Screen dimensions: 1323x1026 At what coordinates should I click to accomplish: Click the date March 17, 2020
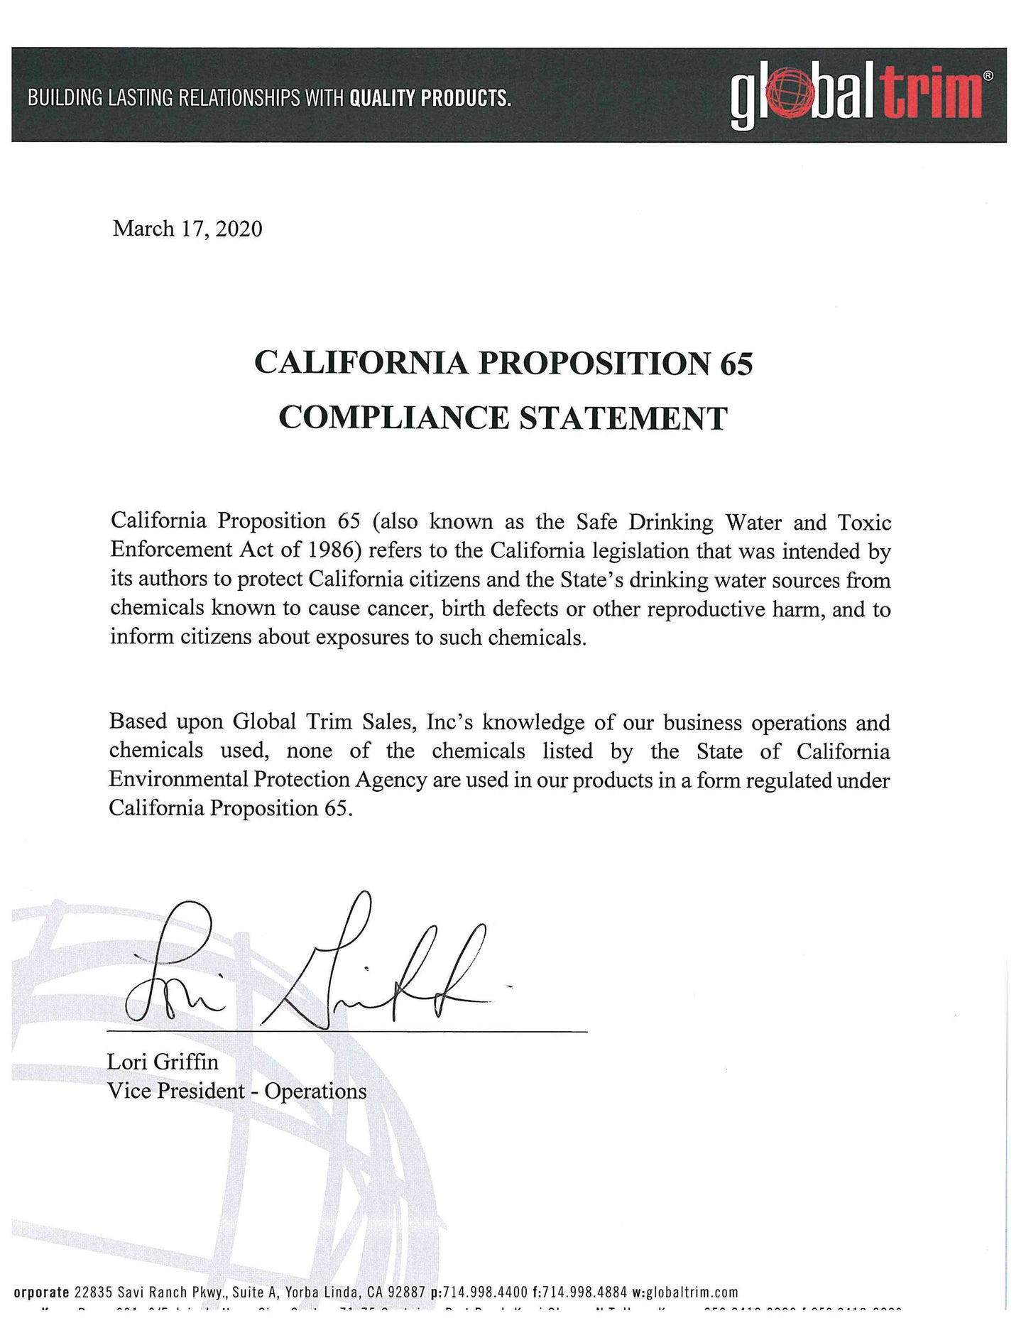(x=187, y=229)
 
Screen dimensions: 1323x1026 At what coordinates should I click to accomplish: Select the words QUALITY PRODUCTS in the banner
(x=430, y=98)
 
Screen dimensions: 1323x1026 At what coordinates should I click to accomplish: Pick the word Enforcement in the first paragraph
(x=171, y=550)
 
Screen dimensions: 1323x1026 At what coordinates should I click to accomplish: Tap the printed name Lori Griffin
(x=163, y=1062)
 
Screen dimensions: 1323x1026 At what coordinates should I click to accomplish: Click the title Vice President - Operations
(x=236, y=1091)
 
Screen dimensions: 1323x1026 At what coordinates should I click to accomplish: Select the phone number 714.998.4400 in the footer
(x=485, y=1292)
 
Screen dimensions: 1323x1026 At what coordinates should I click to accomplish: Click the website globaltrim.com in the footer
(x=692, y=1292)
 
